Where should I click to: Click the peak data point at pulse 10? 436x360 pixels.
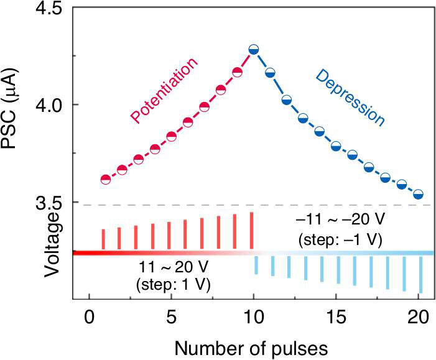click(x=253, y=49)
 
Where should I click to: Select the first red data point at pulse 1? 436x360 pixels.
click(x=105, y=180)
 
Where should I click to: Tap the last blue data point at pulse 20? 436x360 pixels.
click(x=419, y=195)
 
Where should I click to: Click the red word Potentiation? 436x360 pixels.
click(x=164, y=90)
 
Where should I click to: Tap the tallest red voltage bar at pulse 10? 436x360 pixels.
click(x=252, y=231)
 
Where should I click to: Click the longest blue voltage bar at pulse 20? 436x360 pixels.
click(x=421, y=275)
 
